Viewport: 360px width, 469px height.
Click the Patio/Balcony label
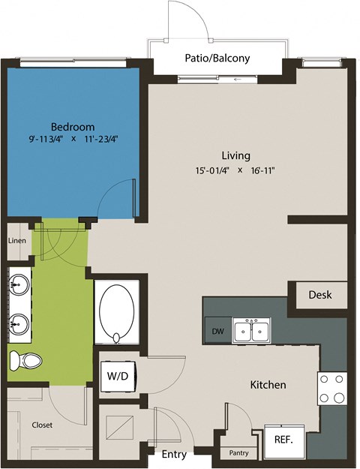tap(217, 58)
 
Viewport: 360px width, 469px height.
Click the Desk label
tap(320, 295)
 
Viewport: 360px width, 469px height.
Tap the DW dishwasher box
tap(217, 330)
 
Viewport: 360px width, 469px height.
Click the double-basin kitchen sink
tap(251, 330)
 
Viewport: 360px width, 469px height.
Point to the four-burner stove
tap(331, 388)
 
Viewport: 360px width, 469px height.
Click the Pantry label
tap(239, 453)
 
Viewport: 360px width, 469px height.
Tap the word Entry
tap(174, 453)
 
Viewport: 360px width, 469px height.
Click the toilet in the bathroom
tap(25, 362)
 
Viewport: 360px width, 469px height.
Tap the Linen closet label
tap(17, 241)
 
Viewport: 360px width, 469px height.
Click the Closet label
tap(42, 425)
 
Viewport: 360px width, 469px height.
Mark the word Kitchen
tap(268, 385)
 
